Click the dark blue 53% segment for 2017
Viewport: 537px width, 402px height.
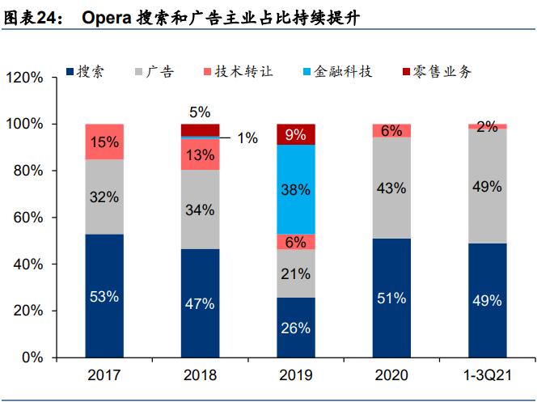point(104,296)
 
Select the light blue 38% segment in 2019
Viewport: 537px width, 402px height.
point(296,189)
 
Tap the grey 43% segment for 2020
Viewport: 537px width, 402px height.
point(391,188)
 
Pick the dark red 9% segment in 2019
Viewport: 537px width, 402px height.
point(296,134)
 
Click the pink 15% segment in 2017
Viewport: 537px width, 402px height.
point(104,142)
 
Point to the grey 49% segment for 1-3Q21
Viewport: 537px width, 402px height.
point(487,185)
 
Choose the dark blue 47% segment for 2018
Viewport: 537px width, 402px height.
point(200,303)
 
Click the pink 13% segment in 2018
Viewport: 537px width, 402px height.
point(200,154)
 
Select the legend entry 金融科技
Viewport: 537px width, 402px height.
point(346,72)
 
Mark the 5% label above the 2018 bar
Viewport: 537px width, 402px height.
point(200,112)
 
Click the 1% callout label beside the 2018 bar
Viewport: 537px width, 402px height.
point(247,138)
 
